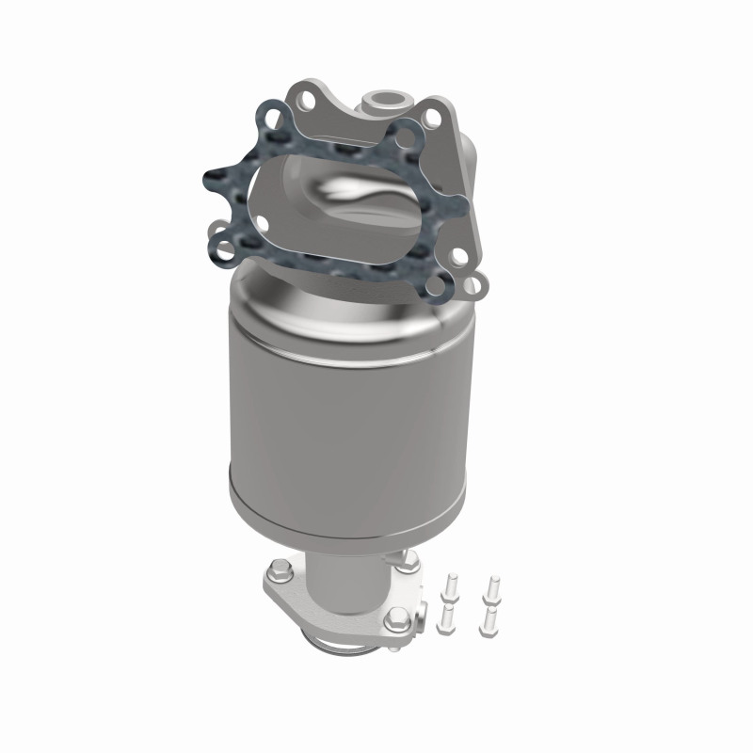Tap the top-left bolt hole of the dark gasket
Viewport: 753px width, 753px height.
click(x=274, y=121)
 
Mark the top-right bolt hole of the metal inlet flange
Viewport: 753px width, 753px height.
click(x=431, y=118)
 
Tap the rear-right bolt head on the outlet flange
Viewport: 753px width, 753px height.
click(x=409, y=561)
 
